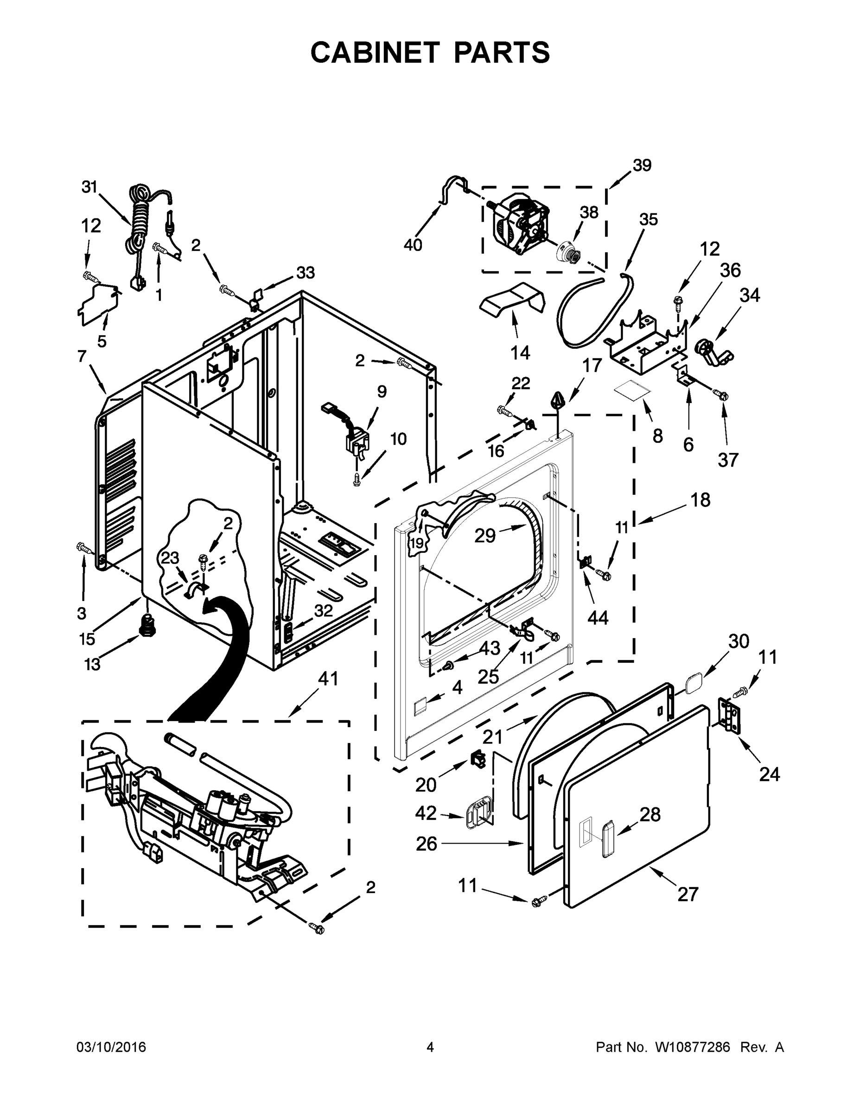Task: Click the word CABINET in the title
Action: click(375, 52)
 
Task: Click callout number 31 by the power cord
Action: click(89, 187)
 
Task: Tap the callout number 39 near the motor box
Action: click(642, 165)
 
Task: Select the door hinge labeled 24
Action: click(730, 716)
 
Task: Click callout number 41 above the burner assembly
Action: click(328, 678)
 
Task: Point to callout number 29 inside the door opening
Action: click(484, 535)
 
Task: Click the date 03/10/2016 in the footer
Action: click(111, 1047)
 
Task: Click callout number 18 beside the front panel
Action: click(701, 499)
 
